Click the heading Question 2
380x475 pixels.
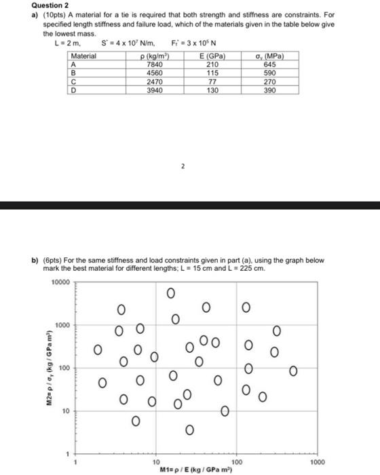(x=26, y=5)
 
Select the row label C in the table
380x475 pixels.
(x=73, y=80)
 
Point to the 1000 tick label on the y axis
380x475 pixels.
(x=62, y=325)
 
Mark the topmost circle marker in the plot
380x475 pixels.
(x=170, y=293)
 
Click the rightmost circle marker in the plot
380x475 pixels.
(x=293, y=370)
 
